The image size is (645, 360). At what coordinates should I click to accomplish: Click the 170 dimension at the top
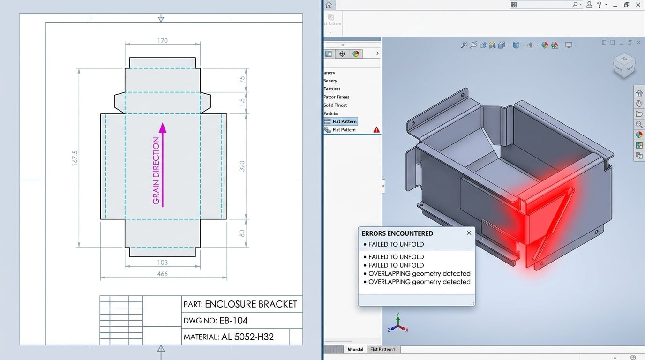162,41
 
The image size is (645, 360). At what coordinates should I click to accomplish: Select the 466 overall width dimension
162,274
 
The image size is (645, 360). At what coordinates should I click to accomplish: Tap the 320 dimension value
242,166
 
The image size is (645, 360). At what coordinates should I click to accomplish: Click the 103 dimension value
162,263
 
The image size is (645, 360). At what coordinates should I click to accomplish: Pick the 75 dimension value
242,80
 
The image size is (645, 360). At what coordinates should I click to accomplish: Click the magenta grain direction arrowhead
163,127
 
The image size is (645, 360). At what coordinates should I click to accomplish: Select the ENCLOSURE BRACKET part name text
251,304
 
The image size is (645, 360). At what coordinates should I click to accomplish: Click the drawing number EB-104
233,321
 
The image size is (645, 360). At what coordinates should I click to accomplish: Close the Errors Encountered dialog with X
469,233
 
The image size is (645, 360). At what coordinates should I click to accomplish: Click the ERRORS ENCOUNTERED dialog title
397,233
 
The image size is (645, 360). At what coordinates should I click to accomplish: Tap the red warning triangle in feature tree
376,130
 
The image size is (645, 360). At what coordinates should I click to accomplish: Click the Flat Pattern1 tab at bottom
382,350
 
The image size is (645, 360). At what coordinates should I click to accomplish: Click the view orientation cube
624,66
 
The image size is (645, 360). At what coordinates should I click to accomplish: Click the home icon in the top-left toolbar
329,5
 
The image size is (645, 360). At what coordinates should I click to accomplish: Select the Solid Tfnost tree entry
335,105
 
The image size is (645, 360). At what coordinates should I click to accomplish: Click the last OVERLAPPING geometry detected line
419,282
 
